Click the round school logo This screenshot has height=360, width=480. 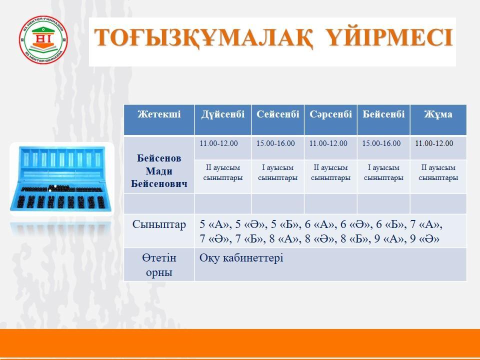pyautogui.click(x=43, y=40)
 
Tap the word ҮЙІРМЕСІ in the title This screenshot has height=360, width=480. pyautogui.click(x=390, y=37)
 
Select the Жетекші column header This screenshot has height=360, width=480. pyautogui.click(x=159, y=114)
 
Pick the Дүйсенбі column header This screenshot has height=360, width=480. pyautogui.click(x=223, y=114)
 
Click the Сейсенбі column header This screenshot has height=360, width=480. pyautogui.click(x=277, y=114)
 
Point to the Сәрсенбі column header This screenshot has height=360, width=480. pyautogui.click(x=330, y=114)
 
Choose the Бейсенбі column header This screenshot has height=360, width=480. pyautogui.click(x=383, y=114)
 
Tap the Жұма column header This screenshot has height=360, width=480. pyautogui.click(x=438, y=114)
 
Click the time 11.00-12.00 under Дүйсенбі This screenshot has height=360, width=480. pyautogui.click(x=218, y=143)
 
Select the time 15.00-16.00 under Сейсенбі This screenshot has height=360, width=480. pyautogui.click(x=275, y=143)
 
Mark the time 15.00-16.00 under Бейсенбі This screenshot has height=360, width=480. pyautogui.click(x=381, y=143)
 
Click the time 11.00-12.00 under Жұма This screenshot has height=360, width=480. pyautogui.click(x=434, y=143)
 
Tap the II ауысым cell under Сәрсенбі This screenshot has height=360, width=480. pyautogui.click(x=330, y=172)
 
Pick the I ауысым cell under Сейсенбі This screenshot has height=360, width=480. pyautogui.click(x=277, y=172)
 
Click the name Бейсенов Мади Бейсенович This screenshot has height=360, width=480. pyautogui.click(x=159, y=171)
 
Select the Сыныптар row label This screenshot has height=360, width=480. pyautogui.click(x=159, y=224)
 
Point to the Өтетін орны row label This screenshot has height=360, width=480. pyautogui.click(x=159, y=265)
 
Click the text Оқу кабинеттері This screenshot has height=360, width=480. pyautogui.click(x=241, y=258)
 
